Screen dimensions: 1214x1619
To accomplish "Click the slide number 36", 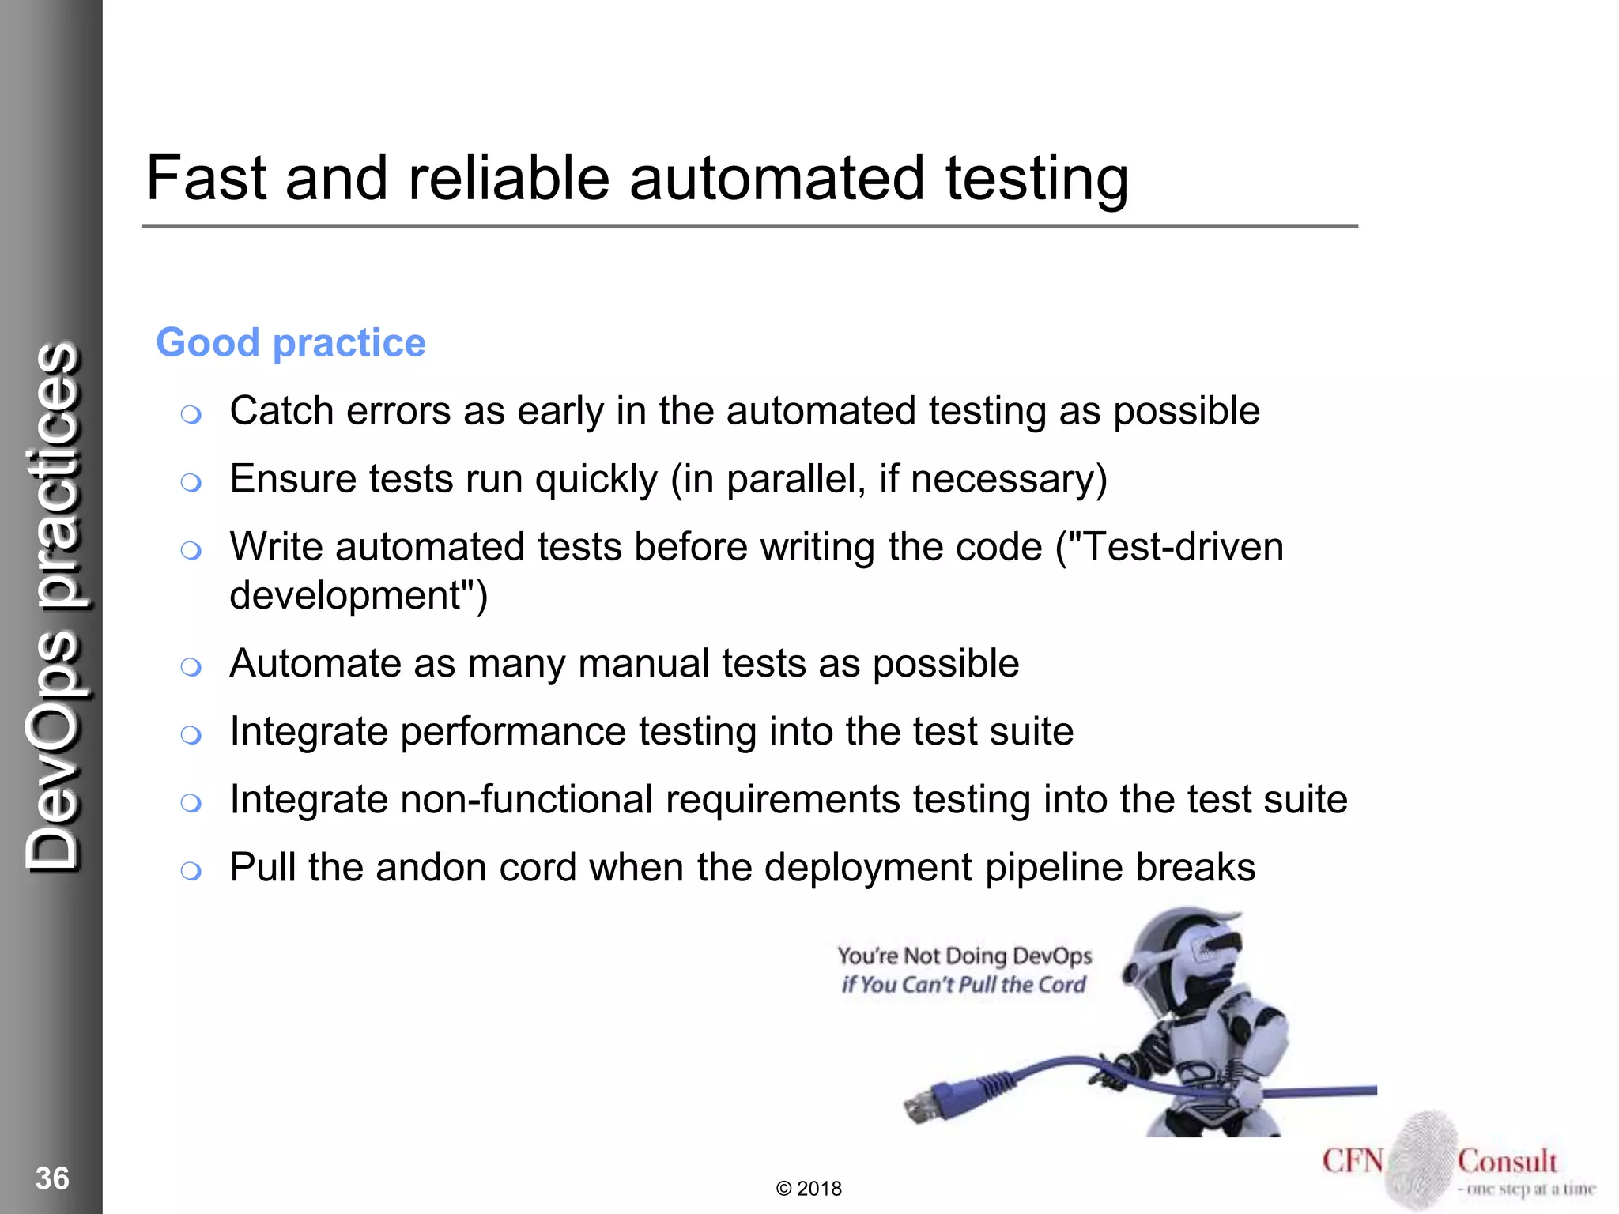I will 52,1178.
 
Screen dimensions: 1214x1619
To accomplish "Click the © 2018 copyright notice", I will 809,1189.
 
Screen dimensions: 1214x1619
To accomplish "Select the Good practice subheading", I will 291,343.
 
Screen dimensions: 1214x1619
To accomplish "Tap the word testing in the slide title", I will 1036,180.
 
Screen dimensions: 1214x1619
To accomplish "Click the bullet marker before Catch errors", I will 191,414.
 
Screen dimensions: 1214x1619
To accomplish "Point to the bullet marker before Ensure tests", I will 191,482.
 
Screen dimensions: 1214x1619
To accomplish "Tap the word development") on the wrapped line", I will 358,595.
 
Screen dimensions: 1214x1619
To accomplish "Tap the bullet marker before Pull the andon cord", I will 191,871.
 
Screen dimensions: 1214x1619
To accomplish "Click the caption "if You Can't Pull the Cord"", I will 964,985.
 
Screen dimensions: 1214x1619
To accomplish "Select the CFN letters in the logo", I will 1353,1161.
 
